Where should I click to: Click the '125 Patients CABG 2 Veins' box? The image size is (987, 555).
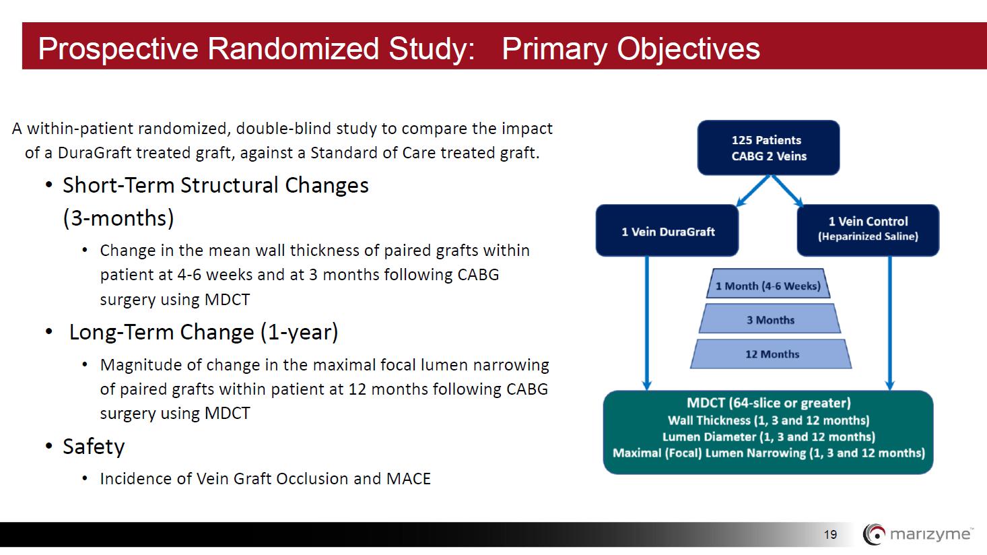[768, 148]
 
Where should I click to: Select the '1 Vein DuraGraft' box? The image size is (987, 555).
[667, 230]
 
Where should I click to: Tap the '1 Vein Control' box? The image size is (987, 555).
[868, 230]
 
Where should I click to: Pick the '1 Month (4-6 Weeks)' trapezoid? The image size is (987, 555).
[768, 284]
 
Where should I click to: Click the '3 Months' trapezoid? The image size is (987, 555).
[770, 319]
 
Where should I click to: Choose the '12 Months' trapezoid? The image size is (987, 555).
[771, 354]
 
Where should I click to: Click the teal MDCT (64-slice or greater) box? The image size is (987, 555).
[768, 432]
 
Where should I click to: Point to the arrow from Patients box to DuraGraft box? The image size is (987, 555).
[753, 191]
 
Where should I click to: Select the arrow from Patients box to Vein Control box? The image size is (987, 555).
[787, 191]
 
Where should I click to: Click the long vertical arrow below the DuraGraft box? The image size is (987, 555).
[647, 323]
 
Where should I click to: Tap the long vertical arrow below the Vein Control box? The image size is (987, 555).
[890, 323]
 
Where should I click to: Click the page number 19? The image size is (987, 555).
[830, 535]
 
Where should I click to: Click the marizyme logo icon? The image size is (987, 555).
[874, 534]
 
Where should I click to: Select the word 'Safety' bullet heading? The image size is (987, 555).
[94, 447]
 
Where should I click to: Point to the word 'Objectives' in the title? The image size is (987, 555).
[688, 49]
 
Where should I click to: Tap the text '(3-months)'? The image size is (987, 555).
[118, 218]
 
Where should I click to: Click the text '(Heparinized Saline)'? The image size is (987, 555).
[868, 236]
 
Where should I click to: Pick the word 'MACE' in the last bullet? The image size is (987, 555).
[409, 479]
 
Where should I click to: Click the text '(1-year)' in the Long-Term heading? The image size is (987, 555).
[300, 332]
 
